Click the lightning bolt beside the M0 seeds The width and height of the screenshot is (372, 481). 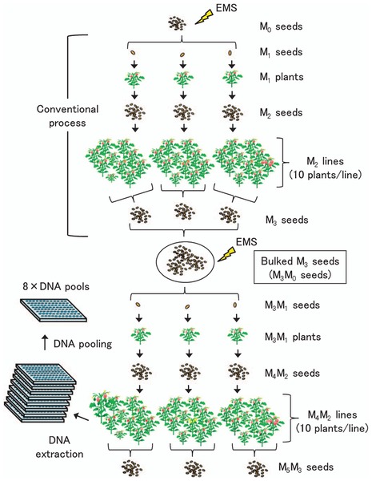204,18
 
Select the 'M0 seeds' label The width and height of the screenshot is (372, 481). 281,26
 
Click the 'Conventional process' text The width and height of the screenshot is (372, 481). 67,116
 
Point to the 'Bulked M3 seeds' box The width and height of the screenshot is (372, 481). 300,267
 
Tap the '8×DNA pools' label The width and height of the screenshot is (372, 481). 56,286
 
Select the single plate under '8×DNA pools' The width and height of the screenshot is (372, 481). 54,310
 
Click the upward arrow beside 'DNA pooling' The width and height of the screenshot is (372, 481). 45,342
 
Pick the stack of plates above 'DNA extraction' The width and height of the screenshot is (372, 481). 40,393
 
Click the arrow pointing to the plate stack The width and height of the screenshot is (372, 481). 81,417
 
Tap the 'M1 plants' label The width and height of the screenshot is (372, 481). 282,77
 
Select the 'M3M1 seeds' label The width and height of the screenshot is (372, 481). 292,305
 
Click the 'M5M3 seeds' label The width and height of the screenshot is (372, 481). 306,467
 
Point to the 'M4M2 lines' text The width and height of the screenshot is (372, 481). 332,415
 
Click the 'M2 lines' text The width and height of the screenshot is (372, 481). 325,162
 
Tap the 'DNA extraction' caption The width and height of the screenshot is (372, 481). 59,447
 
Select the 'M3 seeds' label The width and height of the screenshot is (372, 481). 287,220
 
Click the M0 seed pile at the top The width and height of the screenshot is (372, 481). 177,23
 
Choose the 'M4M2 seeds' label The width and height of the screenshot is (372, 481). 292,374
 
